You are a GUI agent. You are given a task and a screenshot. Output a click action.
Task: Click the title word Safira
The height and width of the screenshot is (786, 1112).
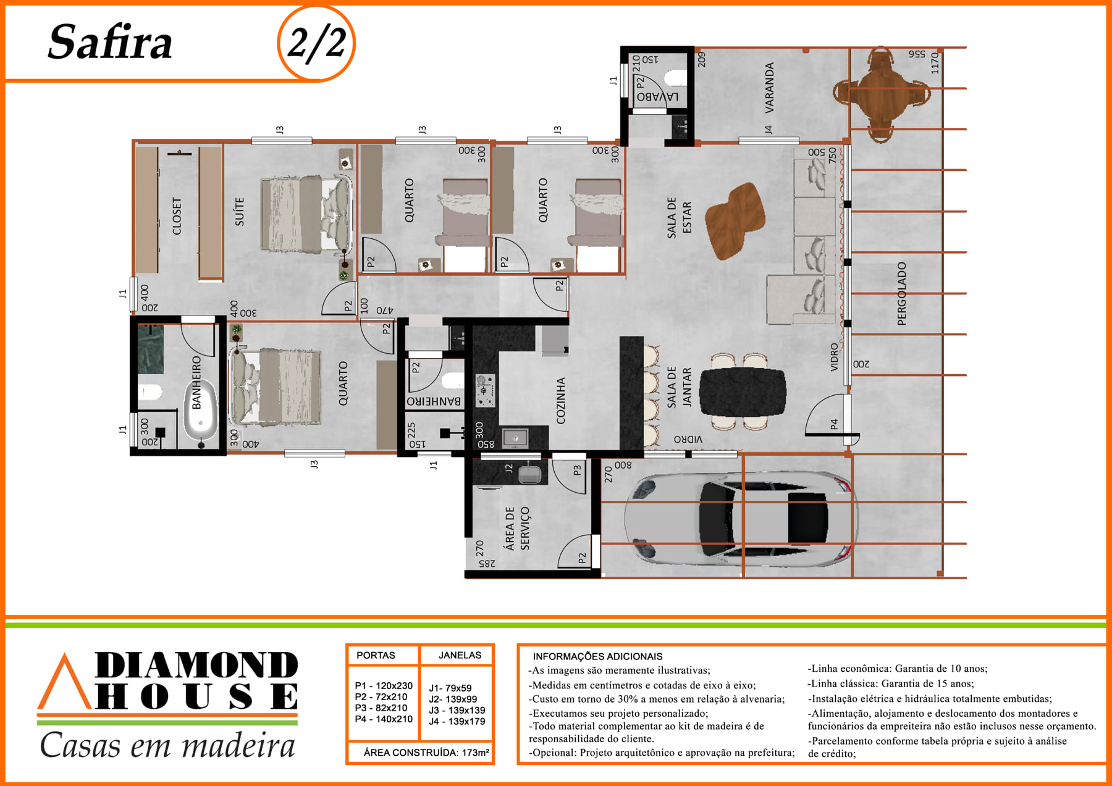click(110, 43)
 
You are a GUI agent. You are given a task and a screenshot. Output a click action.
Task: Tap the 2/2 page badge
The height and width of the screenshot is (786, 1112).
click(316, 43)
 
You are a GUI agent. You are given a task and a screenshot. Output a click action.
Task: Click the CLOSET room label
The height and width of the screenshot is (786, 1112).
click(177, 216)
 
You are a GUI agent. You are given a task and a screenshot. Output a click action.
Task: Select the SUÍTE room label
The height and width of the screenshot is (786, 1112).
click(240, 211)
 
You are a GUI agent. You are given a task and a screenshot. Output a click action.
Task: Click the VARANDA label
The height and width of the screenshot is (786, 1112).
click(770, 88)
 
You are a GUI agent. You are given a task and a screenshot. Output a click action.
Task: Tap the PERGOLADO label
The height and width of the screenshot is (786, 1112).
click(901, 293)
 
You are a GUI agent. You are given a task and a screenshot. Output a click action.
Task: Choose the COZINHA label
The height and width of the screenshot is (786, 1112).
click(561, 401)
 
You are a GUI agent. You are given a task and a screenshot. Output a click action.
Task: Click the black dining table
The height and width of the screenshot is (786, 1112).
click(743, 391)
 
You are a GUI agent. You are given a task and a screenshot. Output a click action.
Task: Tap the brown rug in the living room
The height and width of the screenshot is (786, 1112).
click(736, 220)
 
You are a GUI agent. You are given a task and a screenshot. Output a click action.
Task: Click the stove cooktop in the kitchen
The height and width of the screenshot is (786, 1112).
click(485, 390)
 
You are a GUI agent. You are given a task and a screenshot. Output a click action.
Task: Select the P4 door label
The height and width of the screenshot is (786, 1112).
click(834, 424)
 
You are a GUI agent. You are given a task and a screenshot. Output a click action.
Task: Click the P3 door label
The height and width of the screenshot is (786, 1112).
click(577, 470)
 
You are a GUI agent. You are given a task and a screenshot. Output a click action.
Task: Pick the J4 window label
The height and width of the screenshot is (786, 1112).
click(769, 130)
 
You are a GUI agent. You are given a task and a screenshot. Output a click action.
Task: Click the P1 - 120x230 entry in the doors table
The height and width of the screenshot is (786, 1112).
click(384, 685)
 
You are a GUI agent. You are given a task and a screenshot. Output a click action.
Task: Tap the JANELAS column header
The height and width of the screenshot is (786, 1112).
click(460, 655)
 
